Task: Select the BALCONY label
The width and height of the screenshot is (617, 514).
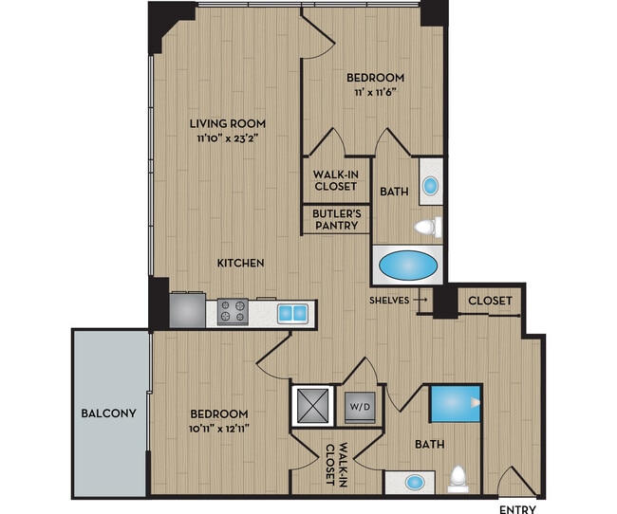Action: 108,413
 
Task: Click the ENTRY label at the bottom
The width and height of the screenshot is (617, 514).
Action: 517,507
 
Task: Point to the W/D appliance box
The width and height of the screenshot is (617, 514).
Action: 360,408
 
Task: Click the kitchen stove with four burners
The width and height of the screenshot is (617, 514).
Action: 233,311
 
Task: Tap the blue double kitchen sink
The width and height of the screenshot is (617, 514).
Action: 292,312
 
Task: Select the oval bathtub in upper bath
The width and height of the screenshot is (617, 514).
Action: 408,265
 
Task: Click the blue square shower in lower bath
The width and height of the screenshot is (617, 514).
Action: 455,403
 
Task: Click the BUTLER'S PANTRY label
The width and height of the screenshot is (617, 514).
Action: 335,219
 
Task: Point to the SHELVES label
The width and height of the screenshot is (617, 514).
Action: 389,300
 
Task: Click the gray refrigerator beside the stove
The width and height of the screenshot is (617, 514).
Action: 187,310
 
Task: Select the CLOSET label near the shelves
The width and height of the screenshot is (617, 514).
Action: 490,301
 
